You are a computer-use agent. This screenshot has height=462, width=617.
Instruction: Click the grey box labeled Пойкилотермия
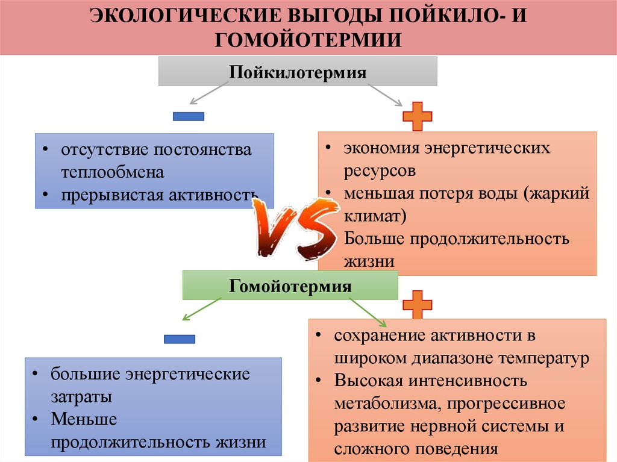coord(298,71)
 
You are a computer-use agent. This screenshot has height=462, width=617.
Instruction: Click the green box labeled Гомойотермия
coord(290,285)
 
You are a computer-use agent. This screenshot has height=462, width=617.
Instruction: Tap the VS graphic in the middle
coord(294,229)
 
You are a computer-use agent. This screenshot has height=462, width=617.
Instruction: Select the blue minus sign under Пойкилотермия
coord(189,116)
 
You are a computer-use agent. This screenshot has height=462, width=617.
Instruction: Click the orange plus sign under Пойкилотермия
coord(417,116)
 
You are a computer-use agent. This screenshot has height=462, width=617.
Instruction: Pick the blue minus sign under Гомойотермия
coord(180,339)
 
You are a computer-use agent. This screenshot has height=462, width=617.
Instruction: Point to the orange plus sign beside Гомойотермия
coord(417,304)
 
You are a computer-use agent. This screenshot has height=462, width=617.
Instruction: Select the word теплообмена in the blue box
coord(112,172)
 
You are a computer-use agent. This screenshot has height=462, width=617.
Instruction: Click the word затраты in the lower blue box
coord(81,398)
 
